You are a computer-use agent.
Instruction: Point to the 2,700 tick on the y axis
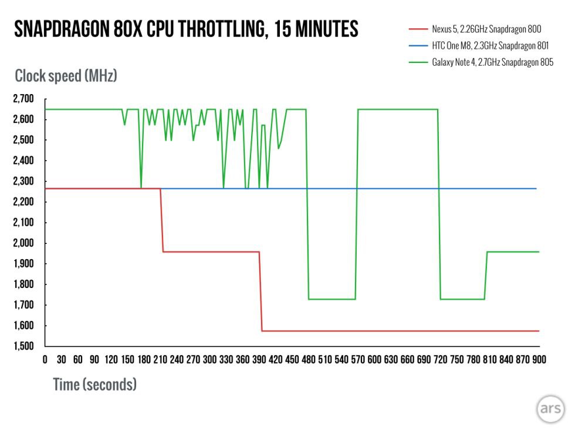(x=24, y=98)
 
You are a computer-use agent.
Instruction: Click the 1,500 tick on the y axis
(x=24, y=346)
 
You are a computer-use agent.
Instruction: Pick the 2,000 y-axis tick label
(x=24, y=243)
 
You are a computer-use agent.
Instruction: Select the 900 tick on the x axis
(x=538, y=359)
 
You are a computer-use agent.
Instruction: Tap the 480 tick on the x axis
(x=307, y=359)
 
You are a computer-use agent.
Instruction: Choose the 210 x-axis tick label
(x=160, y=359)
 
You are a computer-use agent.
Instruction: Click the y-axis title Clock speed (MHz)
(x=66, y=76)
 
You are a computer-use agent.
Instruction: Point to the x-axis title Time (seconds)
(x=94, y=385)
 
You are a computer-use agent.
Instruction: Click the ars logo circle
(x=550, y=409)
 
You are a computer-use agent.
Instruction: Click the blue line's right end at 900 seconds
(x=537, y=188)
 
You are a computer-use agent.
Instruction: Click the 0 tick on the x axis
(x=45, y=359)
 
